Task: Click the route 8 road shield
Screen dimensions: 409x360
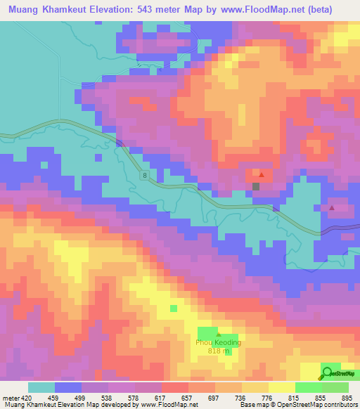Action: click(143, 175)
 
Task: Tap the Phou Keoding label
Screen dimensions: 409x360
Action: click(218, 343)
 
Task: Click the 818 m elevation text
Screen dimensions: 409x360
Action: click(218, 351)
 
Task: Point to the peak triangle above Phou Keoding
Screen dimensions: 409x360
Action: click(218, 335)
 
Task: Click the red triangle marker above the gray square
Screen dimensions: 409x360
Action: click(262, 174)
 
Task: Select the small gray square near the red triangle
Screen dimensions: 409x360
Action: click(256, 186)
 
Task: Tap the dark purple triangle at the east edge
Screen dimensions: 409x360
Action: click(332, 208)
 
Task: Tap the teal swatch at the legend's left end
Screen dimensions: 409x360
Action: click(41, 387)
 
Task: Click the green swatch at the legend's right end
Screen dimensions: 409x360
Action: click(335, 387)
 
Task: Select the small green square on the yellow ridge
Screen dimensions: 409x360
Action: click(173, 308)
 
